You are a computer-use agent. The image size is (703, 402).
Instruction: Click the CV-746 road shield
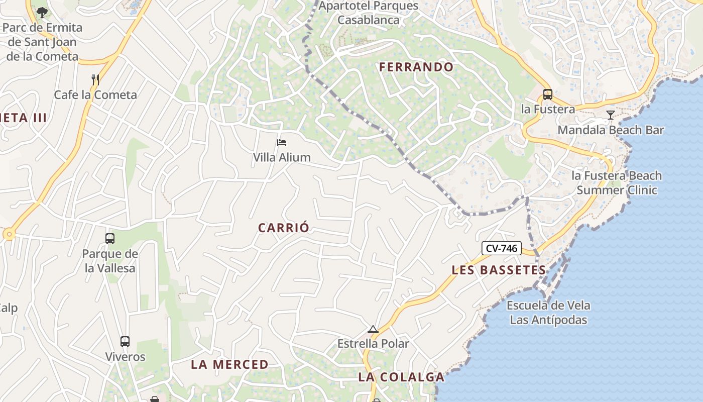point(502,248)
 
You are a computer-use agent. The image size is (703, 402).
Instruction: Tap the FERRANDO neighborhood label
point(416,67)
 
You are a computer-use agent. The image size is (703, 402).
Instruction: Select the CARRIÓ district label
point(284,228)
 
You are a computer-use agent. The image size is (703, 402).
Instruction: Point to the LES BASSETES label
point(499,270)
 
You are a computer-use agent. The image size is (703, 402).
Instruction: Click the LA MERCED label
point(229,364)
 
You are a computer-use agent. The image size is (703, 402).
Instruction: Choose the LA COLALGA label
point(401,377)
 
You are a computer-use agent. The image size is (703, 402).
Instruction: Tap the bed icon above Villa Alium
point(282,143)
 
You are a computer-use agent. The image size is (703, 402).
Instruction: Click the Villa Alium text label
point(282,157)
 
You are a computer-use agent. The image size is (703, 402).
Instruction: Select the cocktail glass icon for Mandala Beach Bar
point(610,115)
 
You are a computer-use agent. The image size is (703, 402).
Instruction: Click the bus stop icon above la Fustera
point(547,94)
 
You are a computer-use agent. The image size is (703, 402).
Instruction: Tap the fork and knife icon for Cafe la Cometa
point(95,79)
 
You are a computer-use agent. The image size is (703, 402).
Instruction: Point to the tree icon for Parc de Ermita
point(42,12)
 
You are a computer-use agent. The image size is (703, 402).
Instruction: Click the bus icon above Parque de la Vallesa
point(110,239)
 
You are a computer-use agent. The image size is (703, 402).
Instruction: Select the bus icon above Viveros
point(125,342)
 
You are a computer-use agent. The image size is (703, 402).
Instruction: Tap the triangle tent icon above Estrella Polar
point(373,330)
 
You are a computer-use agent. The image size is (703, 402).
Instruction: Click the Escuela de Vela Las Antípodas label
point(548,313)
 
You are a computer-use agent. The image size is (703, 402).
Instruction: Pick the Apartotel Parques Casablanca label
point(369,13)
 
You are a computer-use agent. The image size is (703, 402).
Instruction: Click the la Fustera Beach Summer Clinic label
point(617,183)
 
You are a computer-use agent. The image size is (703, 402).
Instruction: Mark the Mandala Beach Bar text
point(611,130)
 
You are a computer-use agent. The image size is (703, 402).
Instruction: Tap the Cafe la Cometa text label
point(95,94)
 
